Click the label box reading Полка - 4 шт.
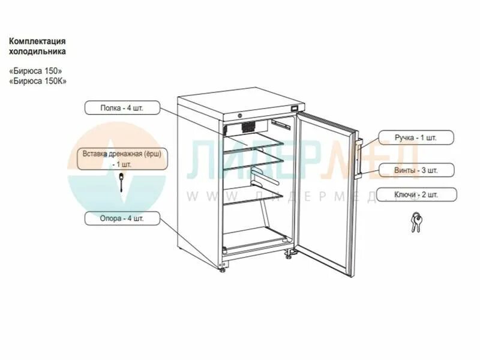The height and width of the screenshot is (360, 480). pyautogui.click(x=122, y=108)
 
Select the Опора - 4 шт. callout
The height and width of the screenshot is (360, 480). pyautogui.click(x=122, y=218)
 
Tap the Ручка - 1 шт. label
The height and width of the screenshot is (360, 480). pyautogui.click(x=416, y=137)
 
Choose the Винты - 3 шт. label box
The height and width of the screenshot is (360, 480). pyautogui.click(x=416, y=170)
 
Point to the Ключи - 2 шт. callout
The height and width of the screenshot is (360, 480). pyautogui.click(x=416, y=194)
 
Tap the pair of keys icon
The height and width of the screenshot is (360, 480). pyautogui.click(x=415, y=223)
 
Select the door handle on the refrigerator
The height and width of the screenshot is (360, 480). pyautogui.click(x=357, y=158)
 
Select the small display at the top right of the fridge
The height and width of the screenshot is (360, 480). pyautogui.click(x=295, y=109)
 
